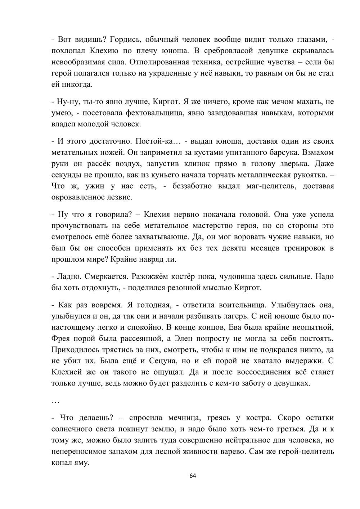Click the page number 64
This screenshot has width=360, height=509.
click(x=193, y=476)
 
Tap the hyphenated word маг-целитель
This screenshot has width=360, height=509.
click(x=272, y=186)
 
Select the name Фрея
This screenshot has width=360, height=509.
click(x=62, y=338)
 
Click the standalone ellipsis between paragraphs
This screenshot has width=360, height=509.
click(x=55, y=401)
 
